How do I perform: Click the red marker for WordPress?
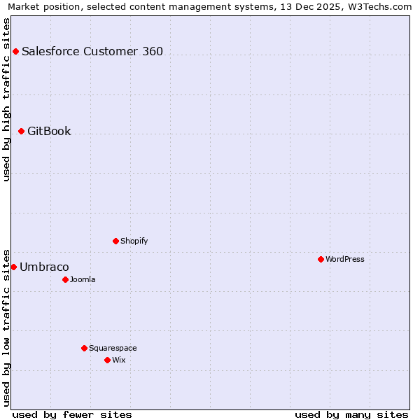tap(321, 259)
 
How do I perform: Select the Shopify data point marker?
tap(115, 241)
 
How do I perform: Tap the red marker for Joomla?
tap(65, 279)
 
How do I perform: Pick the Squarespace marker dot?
tap(84, 348)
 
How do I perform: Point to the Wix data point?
tap(107, 360)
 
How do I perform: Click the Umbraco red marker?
tap(13, 267)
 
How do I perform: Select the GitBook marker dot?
tap(21, 131)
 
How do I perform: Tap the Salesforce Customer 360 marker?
tap(15, 51)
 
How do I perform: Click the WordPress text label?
tap(345, 259)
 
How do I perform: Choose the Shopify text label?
tap(134, 241)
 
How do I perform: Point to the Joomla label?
tap(83, 279)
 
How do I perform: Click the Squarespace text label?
tap(113, 348)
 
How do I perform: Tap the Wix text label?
tap(119, 360)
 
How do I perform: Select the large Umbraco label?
tap(44, 267)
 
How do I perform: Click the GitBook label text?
tap(49, 131)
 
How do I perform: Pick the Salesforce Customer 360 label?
tap(92, 51)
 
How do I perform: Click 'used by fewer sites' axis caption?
tap(72, 414)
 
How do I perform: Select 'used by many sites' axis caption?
tap(351, 414)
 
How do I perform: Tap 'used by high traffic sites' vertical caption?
tap(6, 99)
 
